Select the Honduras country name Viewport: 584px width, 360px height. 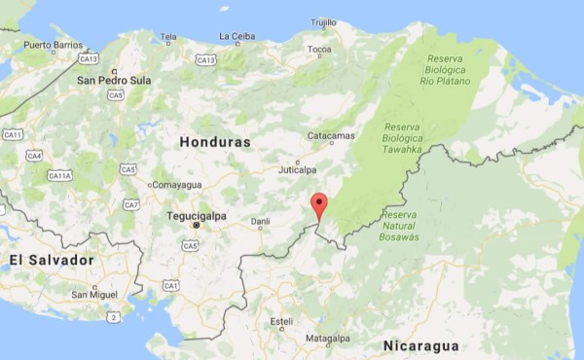(215, 142)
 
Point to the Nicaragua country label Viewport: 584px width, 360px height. (420, 346)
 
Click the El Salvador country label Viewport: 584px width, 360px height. (52, 261)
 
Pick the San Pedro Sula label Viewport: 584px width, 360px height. (114, 81)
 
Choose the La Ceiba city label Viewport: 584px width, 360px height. (237, 36)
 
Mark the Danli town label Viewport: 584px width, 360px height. (260, 222)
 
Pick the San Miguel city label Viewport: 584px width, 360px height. (95, 294)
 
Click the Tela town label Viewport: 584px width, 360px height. (169, 37)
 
